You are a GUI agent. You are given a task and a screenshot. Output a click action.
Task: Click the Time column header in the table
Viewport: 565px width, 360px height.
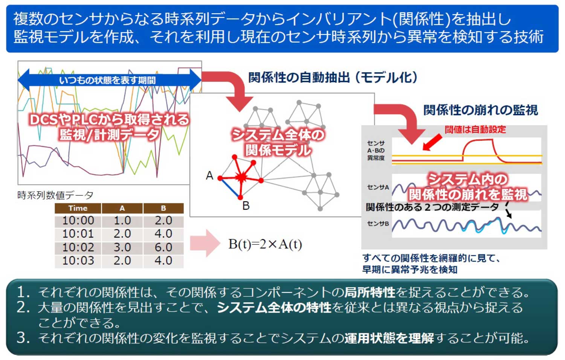coord(78,209)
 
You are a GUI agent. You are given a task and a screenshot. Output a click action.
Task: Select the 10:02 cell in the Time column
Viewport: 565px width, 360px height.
coord(78,247)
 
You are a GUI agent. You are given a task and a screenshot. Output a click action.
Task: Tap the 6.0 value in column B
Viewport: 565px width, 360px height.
coord(163,247)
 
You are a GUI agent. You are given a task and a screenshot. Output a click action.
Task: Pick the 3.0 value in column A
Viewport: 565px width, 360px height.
coord(122,247)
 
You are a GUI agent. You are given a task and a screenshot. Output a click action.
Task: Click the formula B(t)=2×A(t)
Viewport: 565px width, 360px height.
coord(265,244)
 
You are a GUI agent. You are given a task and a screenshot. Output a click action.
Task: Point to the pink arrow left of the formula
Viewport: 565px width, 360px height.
coord(205,243)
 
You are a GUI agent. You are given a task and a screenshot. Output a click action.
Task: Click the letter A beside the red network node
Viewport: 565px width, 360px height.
coord(209,175)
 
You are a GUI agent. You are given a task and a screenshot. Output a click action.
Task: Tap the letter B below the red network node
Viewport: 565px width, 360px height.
coord(246,206)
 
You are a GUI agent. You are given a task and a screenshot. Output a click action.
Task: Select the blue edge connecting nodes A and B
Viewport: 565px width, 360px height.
coord(230,188)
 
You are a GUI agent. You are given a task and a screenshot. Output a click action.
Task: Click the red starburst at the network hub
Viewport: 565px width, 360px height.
coord(241,177)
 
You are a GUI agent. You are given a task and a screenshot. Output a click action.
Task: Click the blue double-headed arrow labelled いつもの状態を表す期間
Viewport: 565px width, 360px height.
coord(110,80)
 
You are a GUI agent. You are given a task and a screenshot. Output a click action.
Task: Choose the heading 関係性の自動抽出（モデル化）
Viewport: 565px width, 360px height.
coord(333,78)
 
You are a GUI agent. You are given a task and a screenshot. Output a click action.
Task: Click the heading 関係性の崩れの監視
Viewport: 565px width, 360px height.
coord(481,110)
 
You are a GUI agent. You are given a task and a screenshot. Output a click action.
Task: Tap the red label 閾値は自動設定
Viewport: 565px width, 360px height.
coord(475,129)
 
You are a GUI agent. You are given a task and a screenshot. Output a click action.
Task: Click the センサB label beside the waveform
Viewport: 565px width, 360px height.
coord(378,224)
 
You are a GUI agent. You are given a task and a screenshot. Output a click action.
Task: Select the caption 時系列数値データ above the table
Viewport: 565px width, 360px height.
coord(55,195)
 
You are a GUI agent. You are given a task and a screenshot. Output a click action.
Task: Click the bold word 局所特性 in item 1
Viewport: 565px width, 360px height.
coord(370,293)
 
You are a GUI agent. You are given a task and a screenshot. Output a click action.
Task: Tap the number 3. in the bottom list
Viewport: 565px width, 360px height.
coord(23,338)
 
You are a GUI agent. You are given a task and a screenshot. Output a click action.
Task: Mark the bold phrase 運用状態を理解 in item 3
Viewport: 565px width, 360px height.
coord(389,338)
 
